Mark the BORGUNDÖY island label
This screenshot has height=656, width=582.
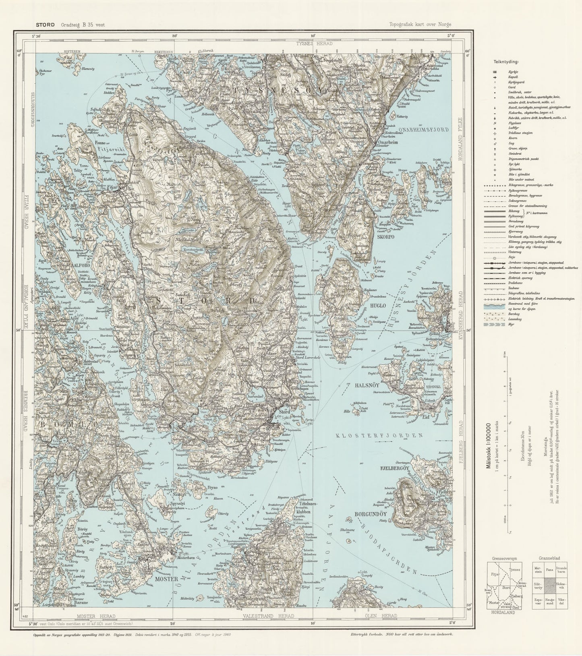371,514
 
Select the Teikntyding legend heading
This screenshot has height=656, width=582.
506,62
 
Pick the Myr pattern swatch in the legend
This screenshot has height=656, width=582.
495,324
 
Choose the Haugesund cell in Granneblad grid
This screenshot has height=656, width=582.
550,601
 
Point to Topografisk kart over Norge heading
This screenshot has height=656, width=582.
420,25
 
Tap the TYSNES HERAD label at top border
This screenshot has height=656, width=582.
314,43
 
